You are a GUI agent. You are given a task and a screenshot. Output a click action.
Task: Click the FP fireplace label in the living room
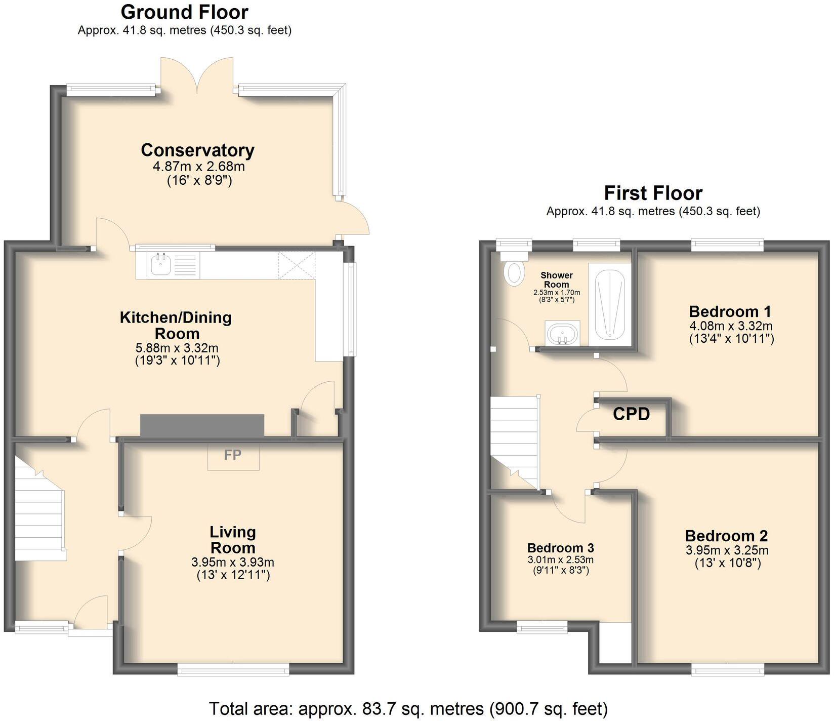[x=233, y=455]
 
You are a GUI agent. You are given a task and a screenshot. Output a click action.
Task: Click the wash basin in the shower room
[x=562, y=333]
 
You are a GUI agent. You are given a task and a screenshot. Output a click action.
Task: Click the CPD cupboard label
[x=631, y=415]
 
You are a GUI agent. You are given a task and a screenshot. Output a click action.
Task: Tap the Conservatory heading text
[x=197, y=150]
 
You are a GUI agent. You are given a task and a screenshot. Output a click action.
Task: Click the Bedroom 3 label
[x=560, y=548]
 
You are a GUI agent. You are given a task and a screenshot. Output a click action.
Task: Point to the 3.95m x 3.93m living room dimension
[x=233, y=562]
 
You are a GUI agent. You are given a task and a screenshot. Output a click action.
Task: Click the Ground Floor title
[x=184, y=12]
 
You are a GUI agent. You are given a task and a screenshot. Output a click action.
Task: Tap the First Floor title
[x=653, y=193]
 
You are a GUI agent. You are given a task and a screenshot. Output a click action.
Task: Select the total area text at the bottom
[x=408, y=708]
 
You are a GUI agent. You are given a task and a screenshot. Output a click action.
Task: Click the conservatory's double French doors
[x=198, y=76]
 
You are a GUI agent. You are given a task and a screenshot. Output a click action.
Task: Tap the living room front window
[x=233, y=670]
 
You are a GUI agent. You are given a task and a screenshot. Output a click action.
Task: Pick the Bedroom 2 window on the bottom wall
[x=727, y=670]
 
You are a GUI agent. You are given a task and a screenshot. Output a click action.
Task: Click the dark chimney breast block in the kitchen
[x=202, y=425]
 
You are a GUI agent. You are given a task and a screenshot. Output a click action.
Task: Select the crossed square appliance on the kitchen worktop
[x=297, y=265]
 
